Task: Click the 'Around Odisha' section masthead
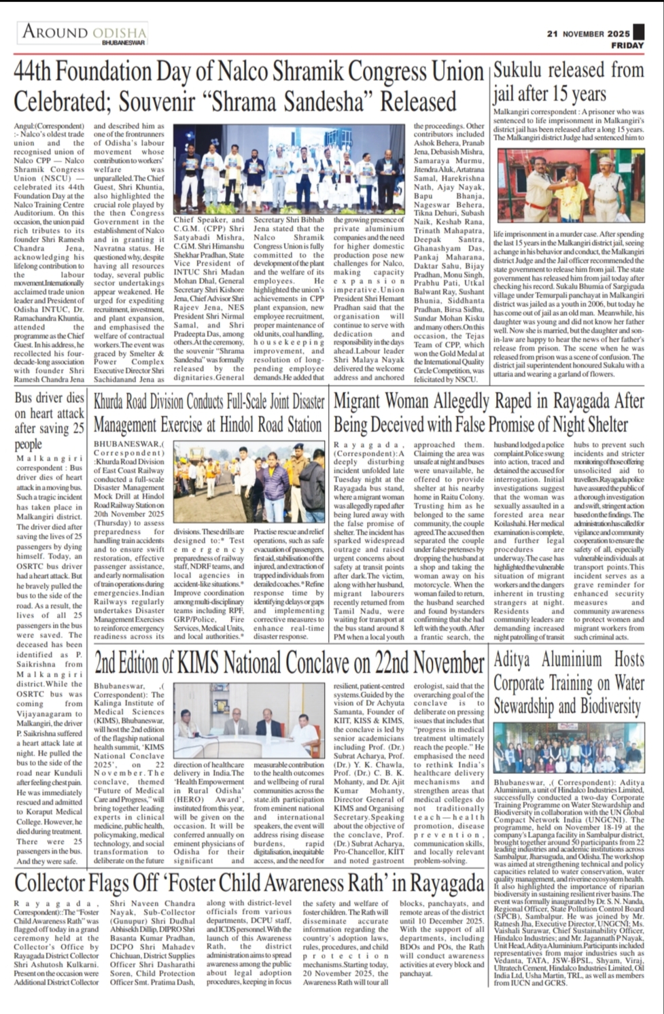coord(84,32)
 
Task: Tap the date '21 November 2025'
coord(589,33)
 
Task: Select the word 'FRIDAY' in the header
coord(627,46)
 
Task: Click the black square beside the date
coord(637,32)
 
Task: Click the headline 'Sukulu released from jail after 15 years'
coord(568,82)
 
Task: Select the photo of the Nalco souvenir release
coord(292,170)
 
